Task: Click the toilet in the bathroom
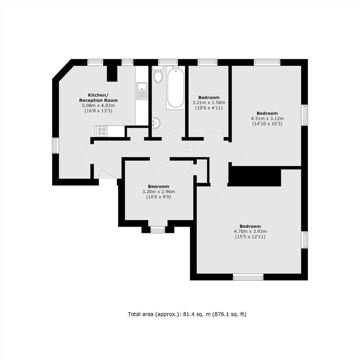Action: click(x=158, y=75)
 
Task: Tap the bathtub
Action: click(x=176, y=88)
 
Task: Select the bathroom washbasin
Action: click(x=156, y=123)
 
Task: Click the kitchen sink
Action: click(x=142, y=91)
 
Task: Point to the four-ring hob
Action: click(x=102, y=131)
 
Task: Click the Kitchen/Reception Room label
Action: click(x=98, y=98)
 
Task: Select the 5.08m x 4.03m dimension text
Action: click(x=98, y=105)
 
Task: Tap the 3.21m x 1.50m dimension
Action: click(x=209, y=103)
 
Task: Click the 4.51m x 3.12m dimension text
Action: click(x=267, y=118)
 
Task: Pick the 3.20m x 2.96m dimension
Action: click(x=159, y=192)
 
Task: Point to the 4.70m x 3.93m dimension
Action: click(x=250, y=231)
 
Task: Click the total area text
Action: click(x=187, y=314)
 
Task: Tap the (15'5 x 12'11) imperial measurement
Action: click(x=250, y=237)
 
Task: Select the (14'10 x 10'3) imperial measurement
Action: click(x=267, y=124)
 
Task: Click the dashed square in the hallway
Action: click(x=190, y=147)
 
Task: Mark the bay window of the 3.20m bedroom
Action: click(x=158, y=229)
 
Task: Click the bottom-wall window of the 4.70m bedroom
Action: click(x=248, y=277)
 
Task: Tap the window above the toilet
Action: click(x=168, y=63)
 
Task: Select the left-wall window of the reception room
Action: click(x=55, y=146)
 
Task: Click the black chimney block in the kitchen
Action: click(x=112, y=73)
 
